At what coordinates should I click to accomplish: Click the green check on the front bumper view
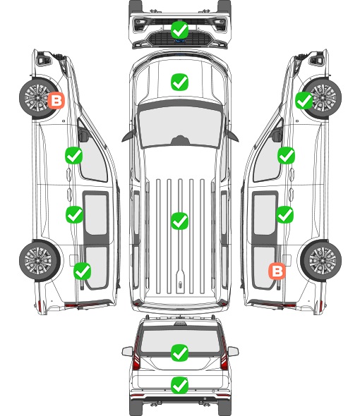coord(179,30)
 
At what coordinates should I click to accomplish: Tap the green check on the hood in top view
coord(179,82)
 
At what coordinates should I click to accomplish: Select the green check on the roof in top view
coord(179,221)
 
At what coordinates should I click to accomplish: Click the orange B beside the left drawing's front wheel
coord(56,100)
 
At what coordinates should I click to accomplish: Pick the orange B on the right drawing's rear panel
coord(277,271)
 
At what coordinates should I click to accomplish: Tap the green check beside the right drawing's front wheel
coord(304,101)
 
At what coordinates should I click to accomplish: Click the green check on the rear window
coord(179,353)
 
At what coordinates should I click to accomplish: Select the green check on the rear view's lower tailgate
coord(179,385)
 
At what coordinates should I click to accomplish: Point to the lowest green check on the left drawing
coord(82,271)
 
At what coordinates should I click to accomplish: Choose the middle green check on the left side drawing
coord(74,214)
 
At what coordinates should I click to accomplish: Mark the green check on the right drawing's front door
coord(286,155)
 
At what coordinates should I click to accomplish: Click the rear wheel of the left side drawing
coord(40,260)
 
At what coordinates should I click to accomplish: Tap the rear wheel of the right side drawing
coord(321,260)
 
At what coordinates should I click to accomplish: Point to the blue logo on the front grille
coord(179,41)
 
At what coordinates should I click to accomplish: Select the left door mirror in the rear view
coord(128,351)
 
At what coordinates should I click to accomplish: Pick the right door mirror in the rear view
coord(233,351)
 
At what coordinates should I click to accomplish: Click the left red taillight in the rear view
coord(136,354)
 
